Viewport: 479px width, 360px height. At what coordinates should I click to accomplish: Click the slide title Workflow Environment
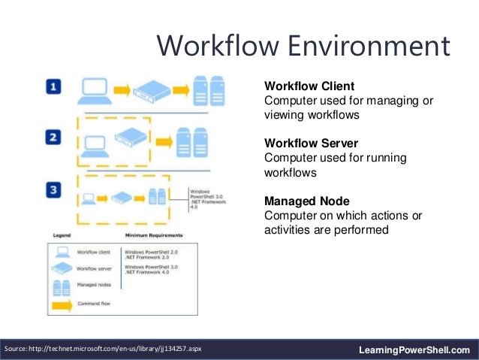[303, 47]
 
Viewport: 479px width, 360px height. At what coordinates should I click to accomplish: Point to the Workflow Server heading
[311, 143]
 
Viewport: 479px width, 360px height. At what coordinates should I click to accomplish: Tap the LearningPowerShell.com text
[414, 349]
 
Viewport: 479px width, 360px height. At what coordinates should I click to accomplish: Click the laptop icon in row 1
[94, 90]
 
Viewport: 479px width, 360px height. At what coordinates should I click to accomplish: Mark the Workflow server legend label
[95, 268]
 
